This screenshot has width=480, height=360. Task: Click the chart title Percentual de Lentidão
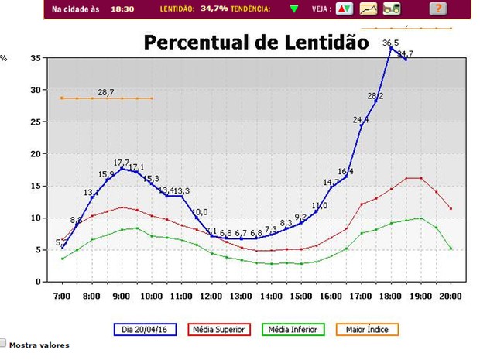(251, 42)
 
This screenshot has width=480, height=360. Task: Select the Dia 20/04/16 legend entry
(145, 329)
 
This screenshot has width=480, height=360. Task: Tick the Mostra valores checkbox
(4, 343)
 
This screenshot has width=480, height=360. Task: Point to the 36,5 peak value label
(391, 43)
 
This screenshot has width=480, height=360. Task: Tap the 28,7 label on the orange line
(106, 92)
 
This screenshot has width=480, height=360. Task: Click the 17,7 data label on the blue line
(122, 163)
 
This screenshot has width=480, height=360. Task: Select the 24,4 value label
(361, 120)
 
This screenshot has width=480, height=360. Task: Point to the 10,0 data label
(200, 211)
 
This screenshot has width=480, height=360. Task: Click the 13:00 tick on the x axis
(241, 296)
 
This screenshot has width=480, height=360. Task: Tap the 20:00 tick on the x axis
(451, 296)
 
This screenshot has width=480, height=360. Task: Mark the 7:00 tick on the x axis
(62, 296)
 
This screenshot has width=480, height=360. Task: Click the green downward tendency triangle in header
(294, 9)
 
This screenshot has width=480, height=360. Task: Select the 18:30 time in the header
(122, 9)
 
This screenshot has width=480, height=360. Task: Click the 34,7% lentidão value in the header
(214, 9)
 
